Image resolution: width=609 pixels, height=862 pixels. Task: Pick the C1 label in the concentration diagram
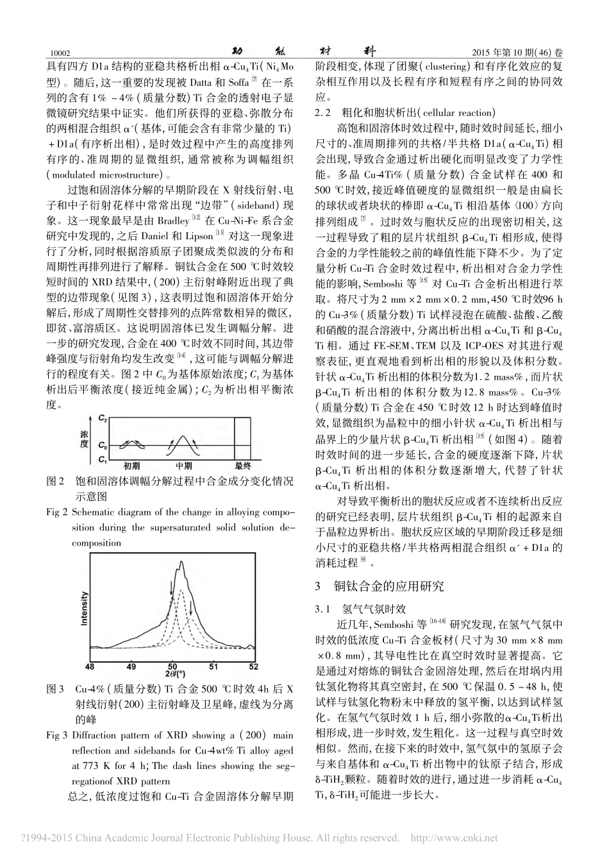[102, 459]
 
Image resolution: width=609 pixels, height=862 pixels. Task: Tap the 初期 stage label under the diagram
[131, 466]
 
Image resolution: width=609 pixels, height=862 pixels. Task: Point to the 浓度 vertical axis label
[84, 439]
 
